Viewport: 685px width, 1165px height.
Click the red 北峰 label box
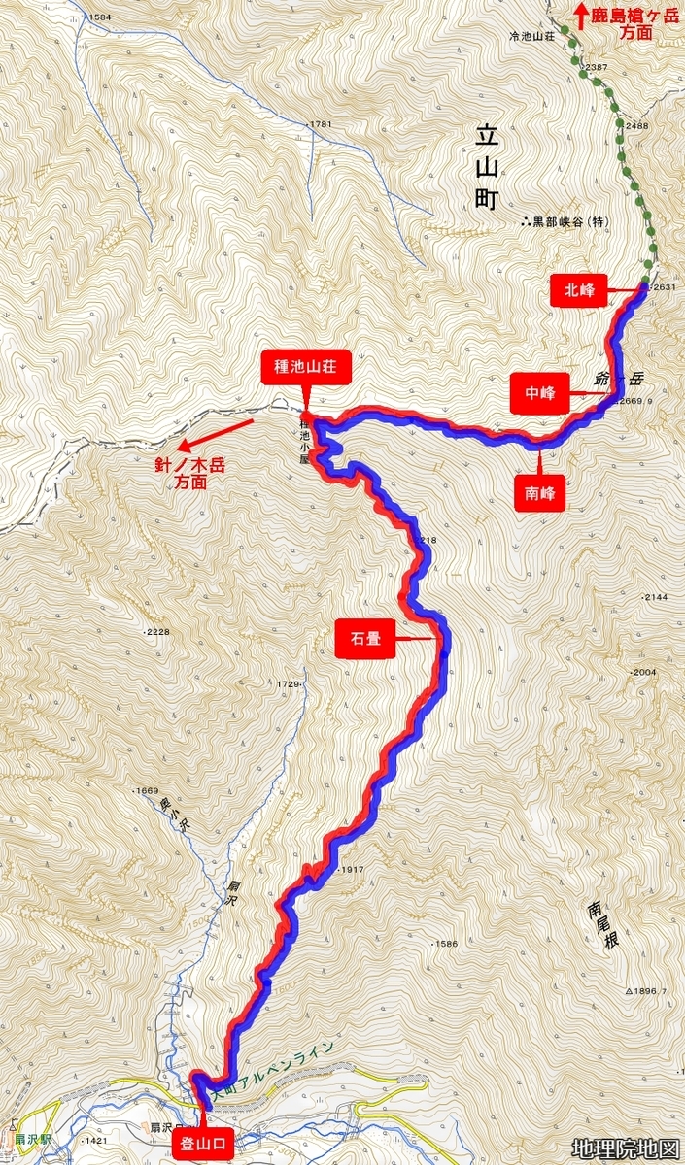579,290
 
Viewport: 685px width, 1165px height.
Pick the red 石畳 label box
364,640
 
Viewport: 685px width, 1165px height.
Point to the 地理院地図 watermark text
626,1149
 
